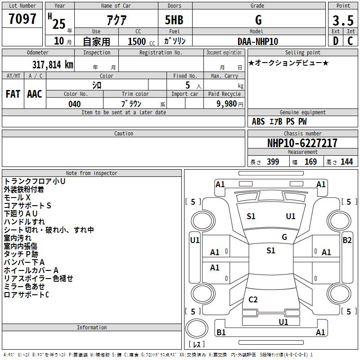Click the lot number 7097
click(x=22, y=19)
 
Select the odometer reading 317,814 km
click(x=53, y=65)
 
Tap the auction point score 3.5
click(x=343, y=20)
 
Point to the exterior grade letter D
click(x=336, y=41)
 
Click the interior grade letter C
click(x=350, y=41)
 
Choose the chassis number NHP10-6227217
click(x=302, y=143)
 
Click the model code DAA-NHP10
click(x=258, y=41)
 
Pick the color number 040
click(x=75, y=104)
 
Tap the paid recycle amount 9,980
click(x=227, y=103)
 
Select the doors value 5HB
click(x=174, y=20)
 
